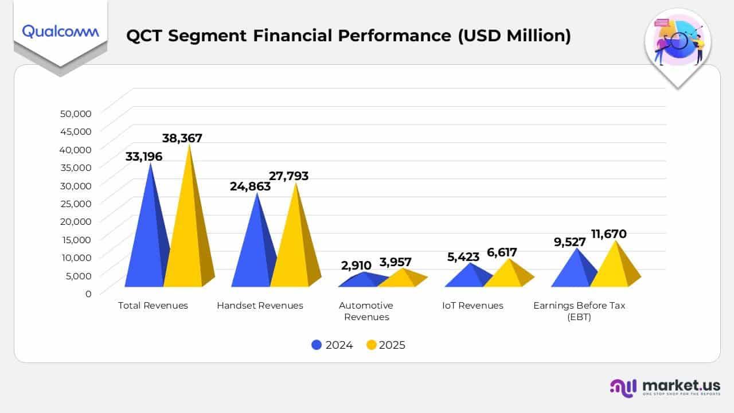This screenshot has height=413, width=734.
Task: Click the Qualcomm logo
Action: [60, 31]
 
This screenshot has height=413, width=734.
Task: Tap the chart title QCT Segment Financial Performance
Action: [348, 36]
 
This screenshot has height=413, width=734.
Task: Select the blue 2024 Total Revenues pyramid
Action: [146, 241]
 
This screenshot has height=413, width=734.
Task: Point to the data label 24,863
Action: [250, 186]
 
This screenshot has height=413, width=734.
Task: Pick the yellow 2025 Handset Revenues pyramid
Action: [292, 247]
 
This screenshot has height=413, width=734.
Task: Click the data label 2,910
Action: [356, 265]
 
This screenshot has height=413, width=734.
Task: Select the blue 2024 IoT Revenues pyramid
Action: [466, 277]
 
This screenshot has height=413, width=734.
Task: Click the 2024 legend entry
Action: [332, 345]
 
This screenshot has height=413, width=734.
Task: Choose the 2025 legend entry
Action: [386, 345]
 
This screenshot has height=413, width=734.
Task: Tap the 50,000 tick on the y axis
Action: [76, 113]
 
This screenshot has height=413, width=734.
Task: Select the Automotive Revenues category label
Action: [366, 311]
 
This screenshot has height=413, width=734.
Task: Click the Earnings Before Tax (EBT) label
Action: [579, 311]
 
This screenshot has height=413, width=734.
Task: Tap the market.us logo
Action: [665, 387]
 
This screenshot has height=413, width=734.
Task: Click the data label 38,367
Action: [182, 138]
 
